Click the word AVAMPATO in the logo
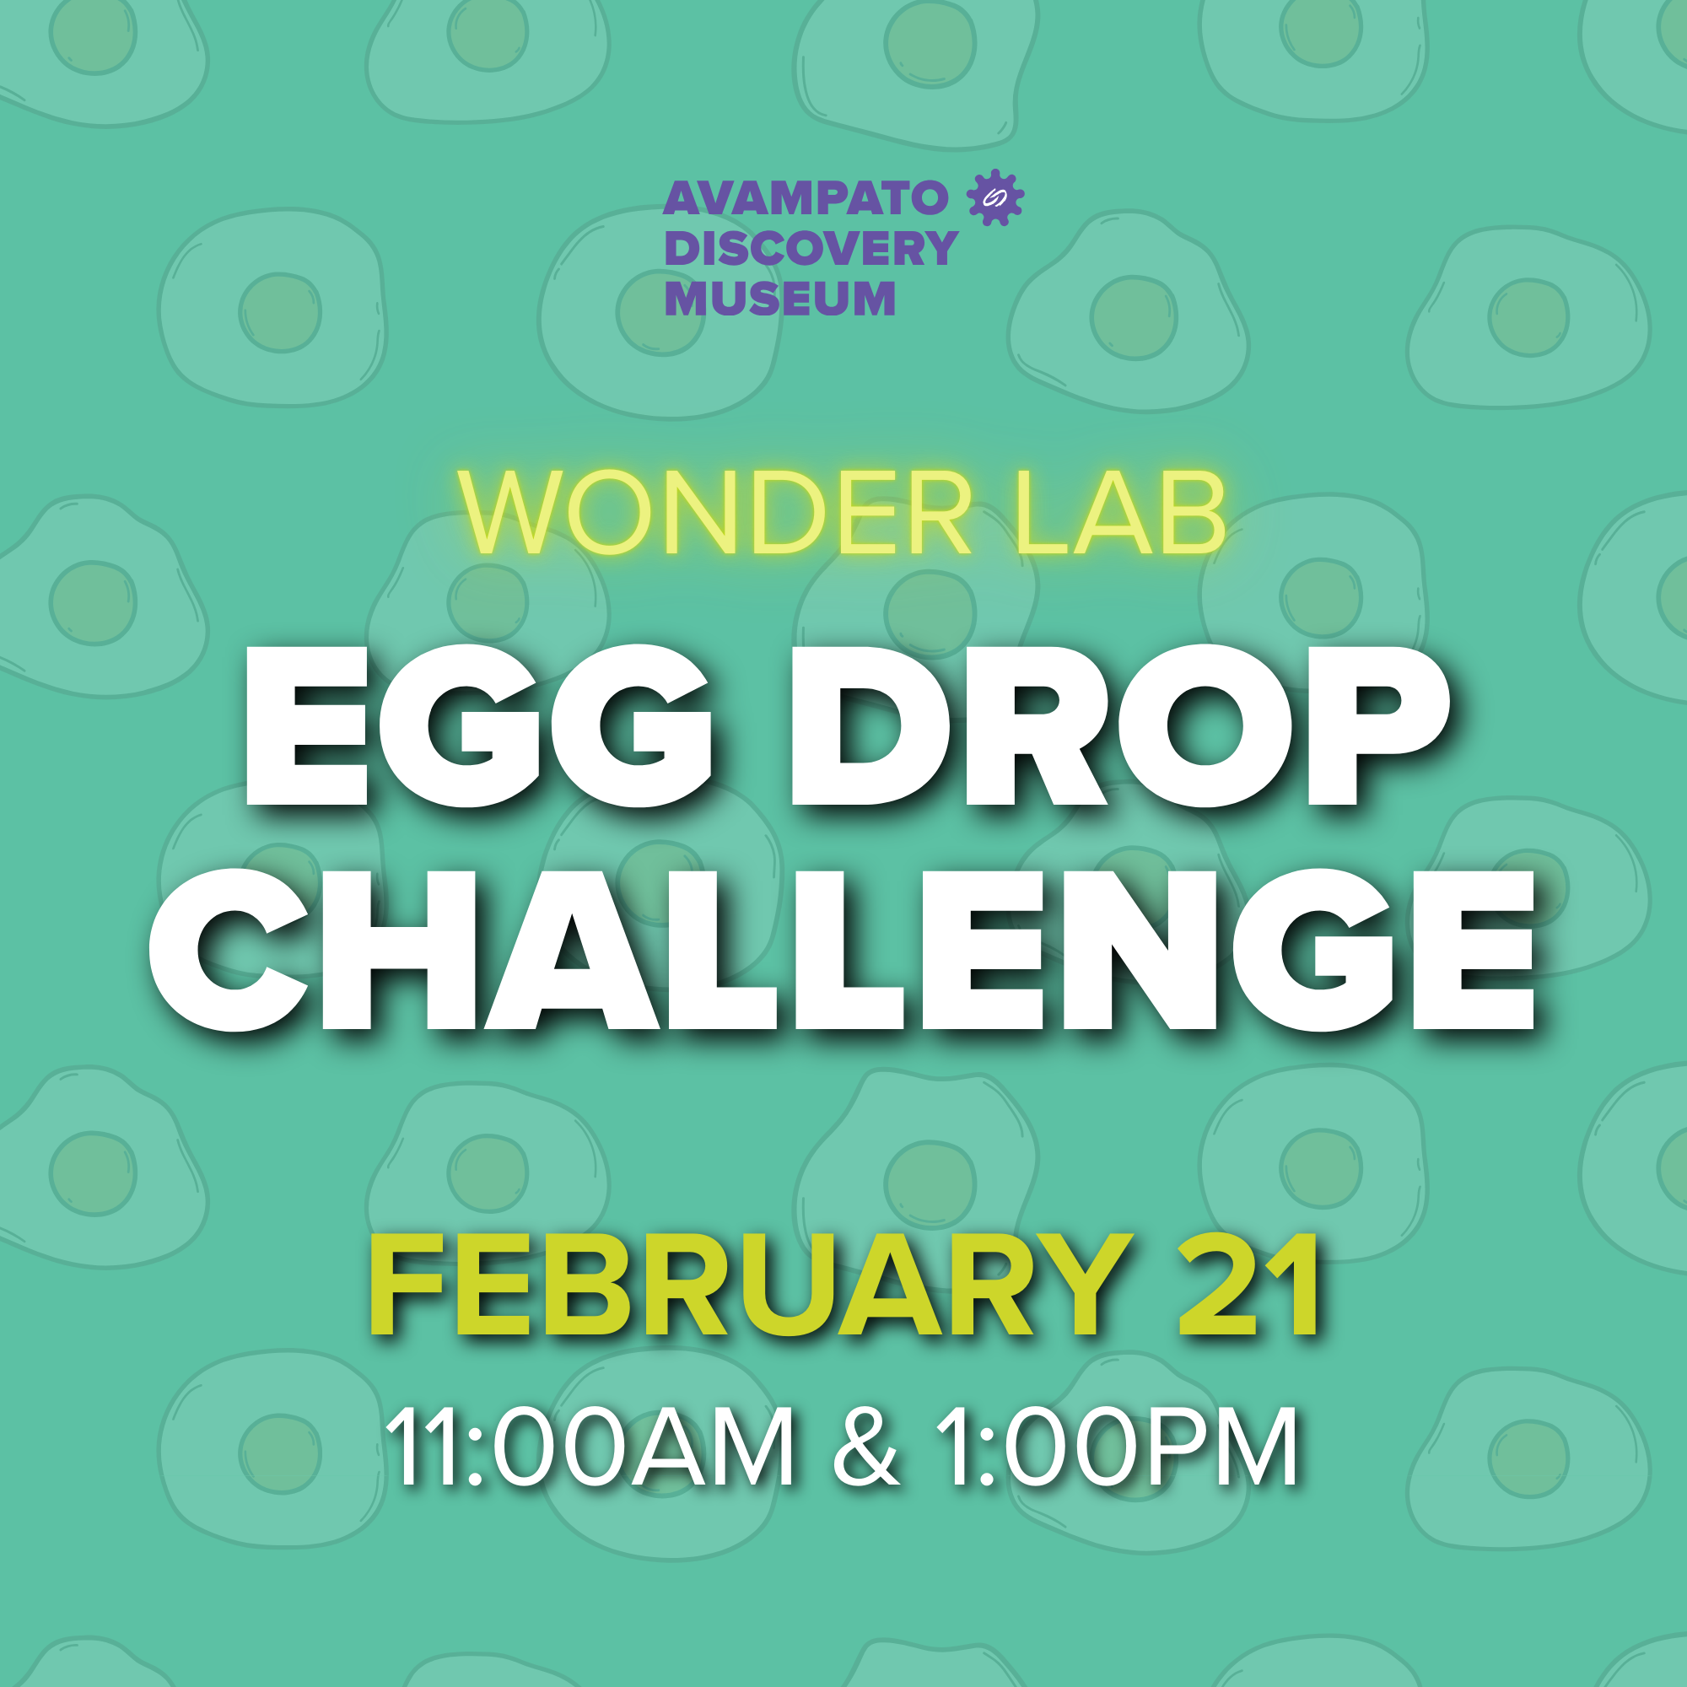805,199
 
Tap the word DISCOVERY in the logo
811,249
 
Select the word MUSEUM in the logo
779,299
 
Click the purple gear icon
995,197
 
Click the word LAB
1121,514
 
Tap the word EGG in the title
478,726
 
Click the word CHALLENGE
842,950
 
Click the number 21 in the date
1248,1286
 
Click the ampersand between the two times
865,1447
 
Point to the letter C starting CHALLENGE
229,950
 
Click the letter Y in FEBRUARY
1081,1286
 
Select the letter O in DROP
1207,726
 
